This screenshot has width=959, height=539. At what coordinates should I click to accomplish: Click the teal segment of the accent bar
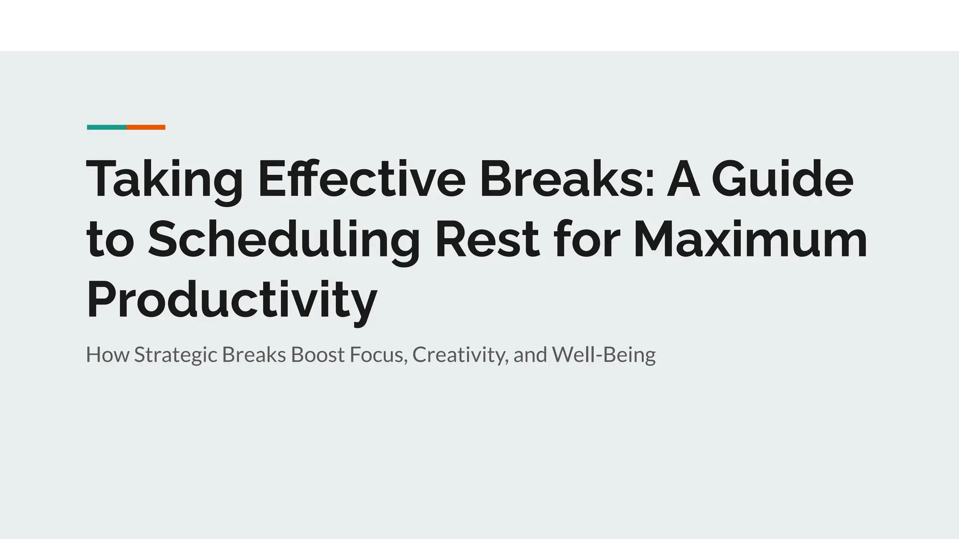point(106,127)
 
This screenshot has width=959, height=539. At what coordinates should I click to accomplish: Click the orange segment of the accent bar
point(146,127)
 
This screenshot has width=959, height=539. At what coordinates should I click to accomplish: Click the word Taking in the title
point(164,180)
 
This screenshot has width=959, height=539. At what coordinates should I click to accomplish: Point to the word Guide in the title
point(782,179)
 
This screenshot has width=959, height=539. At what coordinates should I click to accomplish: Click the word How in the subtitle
point(107,355)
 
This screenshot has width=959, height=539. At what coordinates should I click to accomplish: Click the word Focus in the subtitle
point(378,355)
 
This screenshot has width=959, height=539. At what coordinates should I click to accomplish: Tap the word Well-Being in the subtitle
point(604,355)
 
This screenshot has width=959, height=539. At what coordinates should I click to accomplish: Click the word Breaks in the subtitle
point(254,355)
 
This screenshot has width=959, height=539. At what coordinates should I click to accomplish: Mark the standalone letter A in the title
point(683,179)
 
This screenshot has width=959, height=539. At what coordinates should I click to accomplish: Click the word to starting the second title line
point(111,240)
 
